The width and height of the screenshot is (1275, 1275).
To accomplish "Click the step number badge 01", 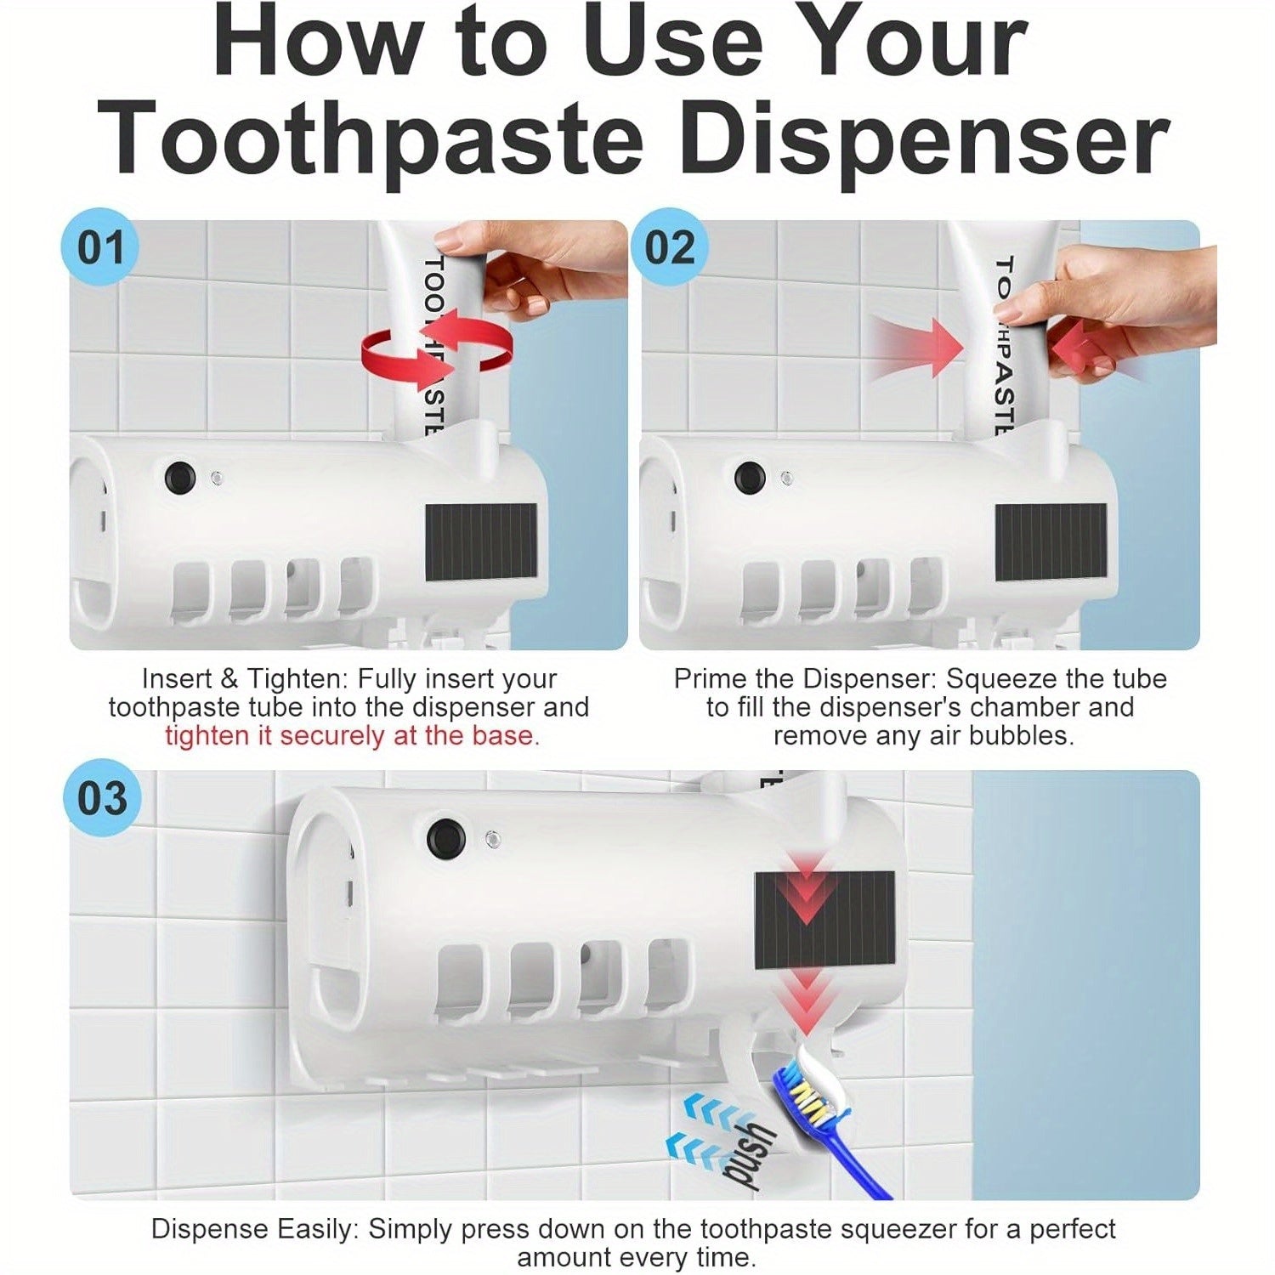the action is click(99, 247).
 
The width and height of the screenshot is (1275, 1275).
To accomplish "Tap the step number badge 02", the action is click(669, 247).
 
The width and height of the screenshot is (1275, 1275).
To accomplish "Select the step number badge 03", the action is click(102, 798).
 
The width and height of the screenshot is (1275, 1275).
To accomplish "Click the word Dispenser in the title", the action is click(924, 139).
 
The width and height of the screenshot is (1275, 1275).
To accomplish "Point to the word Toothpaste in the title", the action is click(371, 139).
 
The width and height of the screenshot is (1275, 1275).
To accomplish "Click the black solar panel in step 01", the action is click(481, 542).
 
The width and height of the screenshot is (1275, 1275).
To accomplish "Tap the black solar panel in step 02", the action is click(1051, 542).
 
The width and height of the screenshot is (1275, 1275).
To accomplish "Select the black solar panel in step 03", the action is click(824, 921).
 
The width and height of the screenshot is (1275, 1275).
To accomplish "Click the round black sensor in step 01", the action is click(179, 478).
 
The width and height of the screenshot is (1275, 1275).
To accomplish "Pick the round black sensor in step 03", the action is click(446, 839).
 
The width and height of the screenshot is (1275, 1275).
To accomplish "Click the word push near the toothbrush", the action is click(746, 1154).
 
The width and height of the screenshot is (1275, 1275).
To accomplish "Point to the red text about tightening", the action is click(352, 736).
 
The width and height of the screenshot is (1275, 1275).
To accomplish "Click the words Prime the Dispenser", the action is click(806, 679).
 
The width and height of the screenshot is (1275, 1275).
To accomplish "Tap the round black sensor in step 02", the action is click(749, 478).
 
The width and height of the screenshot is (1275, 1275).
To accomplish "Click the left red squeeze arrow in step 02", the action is click(916, 347).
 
